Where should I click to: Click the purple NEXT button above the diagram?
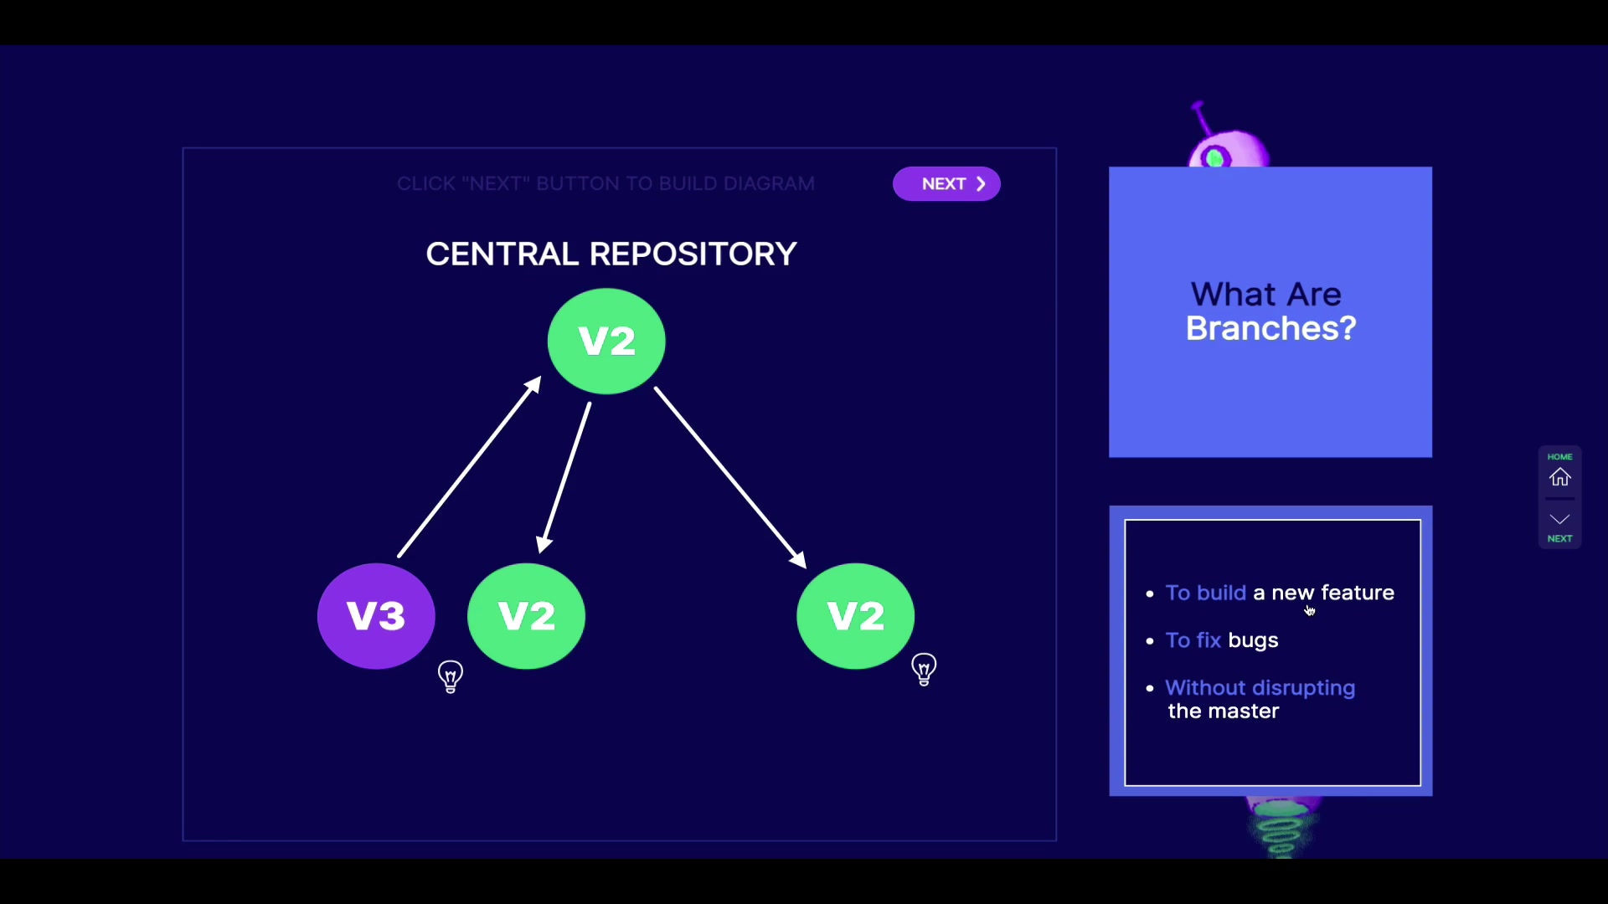[x=946, y=184]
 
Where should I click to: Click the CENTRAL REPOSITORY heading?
[x=611, y=254]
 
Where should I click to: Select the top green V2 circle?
[x=606, y=341]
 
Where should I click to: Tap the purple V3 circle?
[x=376, y=616]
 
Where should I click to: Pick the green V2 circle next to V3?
[x=526, y=616]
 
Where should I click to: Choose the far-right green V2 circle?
[x=855, y=616]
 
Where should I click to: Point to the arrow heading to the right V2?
[x=729, y=477]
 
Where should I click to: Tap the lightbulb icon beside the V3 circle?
[x=451, y=676]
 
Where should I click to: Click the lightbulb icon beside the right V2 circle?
[x=924, y=670]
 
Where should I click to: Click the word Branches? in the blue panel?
[x=1270, y=329]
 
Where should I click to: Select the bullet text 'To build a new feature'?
[x=1280, y=593]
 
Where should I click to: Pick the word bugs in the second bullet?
[x=1253, y=640]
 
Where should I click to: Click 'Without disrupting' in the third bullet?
[x=1260, y=688]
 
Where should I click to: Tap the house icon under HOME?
[x=1559, y=477]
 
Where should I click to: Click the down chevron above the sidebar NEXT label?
[x=1559, y=519]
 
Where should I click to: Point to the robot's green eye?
[x=1215, y=157]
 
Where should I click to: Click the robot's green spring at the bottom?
[x=1281, y=829]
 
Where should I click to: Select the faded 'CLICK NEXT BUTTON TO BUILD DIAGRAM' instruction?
[x=606, y=184]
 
